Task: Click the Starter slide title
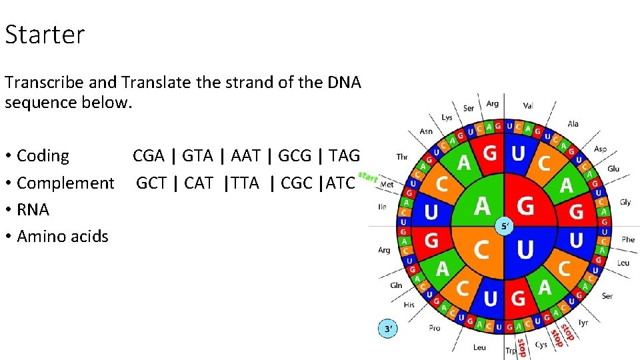coord(45,35)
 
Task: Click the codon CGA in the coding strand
coord(148,156)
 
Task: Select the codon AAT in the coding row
coord(246,156)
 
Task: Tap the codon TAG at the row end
coord(344,156)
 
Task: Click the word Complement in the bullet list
coord(65,183)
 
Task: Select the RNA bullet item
coord(33,209)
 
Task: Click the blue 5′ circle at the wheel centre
coord(505,227)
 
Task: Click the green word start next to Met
coord(368,177)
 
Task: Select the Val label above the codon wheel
coord(528,105)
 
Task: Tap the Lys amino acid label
coord(447,118)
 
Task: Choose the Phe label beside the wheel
coord(628,239)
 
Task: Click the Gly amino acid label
coord(625,202)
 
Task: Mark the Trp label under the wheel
coord(511,351)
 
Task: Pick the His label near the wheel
coord(409,305)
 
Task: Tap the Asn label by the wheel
coord(426,131)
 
